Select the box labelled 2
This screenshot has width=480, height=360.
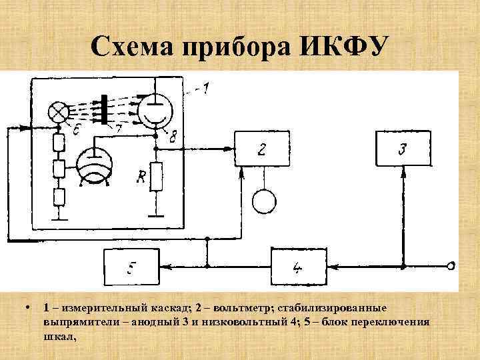pyautogui.click(x=262, y=149)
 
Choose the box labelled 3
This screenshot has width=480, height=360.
pyautogui.click(x=402, y=149)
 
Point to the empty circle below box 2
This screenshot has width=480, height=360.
pyautogui.click(x=264, y=200)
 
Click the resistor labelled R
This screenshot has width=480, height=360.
pyautogui.click(x=157, y=177)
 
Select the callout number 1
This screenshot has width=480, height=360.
pyautogui.click(x=206, y=87)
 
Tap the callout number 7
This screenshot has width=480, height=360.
pyautogui.click(x=118, y=128)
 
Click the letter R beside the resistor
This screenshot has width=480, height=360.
pyautogui.click(x=141, y=177)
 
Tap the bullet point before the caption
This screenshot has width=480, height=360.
pyautogui.click(x=25, y=309)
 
